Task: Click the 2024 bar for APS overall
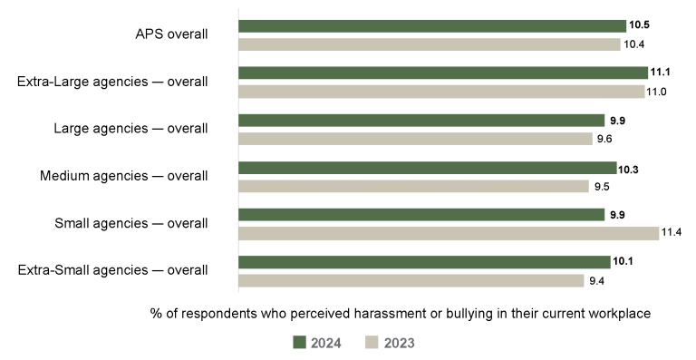[432, 26]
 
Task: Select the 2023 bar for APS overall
[430, 44]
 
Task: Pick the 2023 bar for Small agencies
[449, 233]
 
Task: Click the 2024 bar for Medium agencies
[427, 168]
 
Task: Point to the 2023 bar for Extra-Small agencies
[411, 280]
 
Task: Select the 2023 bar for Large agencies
[415, 139]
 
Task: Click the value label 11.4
[672, 233]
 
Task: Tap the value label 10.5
[640, 26]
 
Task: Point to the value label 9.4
[596, 280]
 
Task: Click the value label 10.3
[629, 168]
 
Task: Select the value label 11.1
[662, 73]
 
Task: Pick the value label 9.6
[605, 139]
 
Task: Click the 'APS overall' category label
[171, 34]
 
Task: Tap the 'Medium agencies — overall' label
[124, 175]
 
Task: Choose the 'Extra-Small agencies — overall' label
[113, 269]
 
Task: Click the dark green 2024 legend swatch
[300, 342]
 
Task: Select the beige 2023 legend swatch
[372, 342]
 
